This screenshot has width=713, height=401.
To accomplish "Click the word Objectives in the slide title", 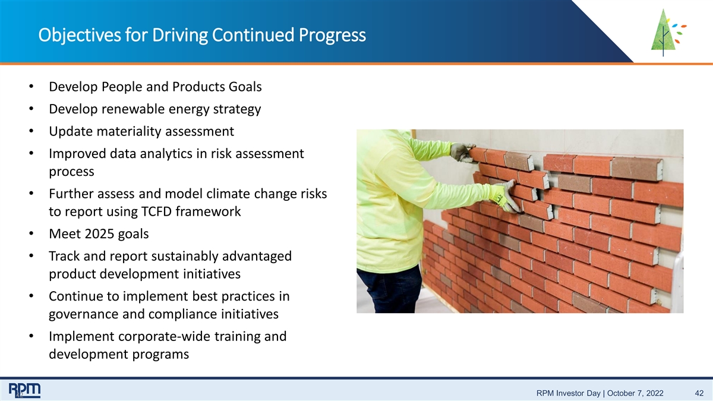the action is coord(80,35).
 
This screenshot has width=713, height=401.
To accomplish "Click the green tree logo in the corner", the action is coord(668,33).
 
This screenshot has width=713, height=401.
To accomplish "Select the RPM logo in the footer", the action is coord(24,390).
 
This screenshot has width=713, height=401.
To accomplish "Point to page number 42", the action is coord(699,393).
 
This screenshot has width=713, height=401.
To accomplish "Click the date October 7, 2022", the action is coord(635,393).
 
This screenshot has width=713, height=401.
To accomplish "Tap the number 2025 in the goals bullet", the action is coord(99,234).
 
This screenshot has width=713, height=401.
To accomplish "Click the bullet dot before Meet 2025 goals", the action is coord(31,233).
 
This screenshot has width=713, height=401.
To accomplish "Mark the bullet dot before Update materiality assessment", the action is coord(31,131).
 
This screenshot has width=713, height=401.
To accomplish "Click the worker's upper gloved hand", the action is coord(462,153).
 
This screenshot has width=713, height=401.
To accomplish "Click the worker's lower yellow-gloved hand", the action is coord(505,197).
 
